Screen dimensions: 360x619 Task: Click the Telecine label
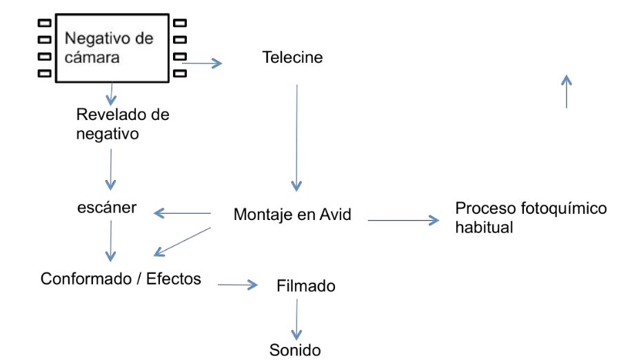[292, 58]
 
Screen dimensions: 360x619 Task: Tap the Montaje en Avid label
[292, 215]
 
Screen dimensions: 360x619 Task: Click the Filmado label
[305, 286]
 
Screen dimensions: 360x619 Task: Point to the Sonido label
[295, 350]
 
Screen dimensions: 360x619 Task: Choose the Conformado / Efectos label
[121, 279]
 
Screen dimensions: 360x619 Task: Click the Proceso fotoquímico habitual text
[531, 217]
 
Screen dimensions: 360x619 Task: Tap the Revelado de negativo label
[122, 123]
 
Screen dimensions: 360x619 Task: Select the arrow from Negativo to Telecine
[202, 63]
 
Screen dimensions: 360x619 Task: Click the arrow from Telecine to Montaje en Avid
[296, 138]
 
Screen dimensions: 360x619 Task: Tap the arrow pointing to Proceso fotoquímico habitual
[403, 221]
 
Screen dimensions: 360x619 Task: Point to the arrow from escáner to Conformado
[109, 242]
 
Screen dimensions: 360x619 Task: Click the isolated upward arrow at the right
[566, 91]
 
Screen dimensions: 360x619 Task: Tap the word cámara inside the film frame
[92, 57]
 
